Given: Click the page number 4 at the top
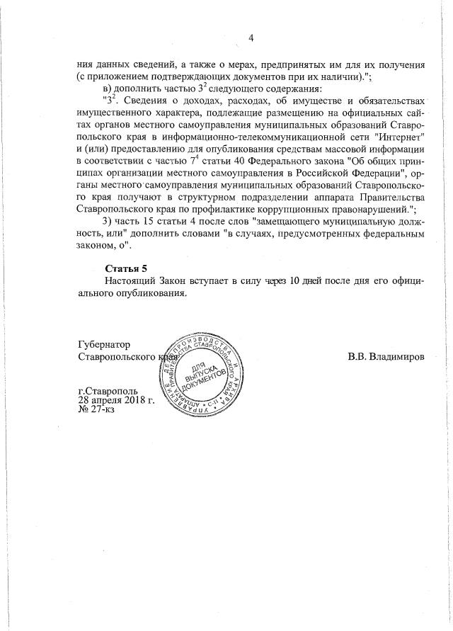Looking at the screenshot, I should point(251,38).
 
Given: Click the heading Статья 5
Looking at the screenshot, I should point(127,268).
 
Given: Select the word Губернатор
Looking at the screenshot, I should point(105,344).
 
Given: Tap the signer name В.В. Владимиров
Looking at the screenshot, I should point(386,356).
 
